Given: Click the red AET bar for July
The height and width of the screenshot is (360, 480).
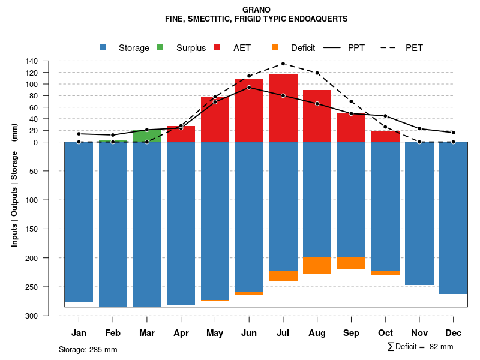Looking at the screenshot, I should click(x=283, y=108).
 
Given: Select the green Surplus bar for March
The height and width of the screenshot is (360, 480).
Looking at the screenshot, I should click(x=147, y=136).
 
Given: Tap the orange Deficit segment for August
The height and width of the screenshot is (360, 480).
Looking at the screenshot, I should click(x=317, y=265).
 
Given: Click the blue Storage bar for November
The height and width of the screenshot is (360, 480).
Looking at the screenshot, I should click(x=419, y=213).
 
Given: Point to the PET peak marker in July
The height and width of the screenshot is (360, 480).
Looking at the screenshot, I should click(x=283, y=64).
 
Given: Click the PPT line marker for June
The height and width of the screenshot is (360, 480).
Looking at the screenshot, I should click(x=249, y=88).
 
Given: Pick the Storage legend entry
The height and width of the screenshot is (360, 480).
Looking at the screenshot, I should click(x=126, y=48).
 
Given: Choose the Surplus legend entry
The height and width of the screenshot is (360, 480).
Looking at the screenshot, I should click(x=184, y=48).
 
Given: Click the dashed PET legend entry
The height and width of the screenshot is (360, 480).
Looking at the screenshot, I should click(x=405, y=48).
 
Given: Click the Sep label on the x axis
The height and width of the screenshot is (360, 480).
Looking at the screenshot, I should click(x=352, y=333).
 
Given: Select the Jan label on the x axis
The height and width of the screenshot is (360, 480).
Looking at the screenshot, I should click(x=79, y=333).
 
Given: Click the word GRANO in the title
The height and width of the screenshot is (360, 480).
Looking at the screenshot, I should click(x=256, y=10).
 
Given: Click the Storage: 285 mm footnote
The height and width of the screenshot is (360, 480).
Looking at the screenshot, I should click(x=88, y=349).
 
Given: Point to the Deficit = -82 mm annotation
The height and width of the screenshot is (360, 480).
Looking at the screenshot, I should click(x=421, y=347).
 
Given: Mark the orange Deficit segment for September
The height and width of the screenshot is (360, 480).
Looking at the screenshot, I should click(x=352, y=263).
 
